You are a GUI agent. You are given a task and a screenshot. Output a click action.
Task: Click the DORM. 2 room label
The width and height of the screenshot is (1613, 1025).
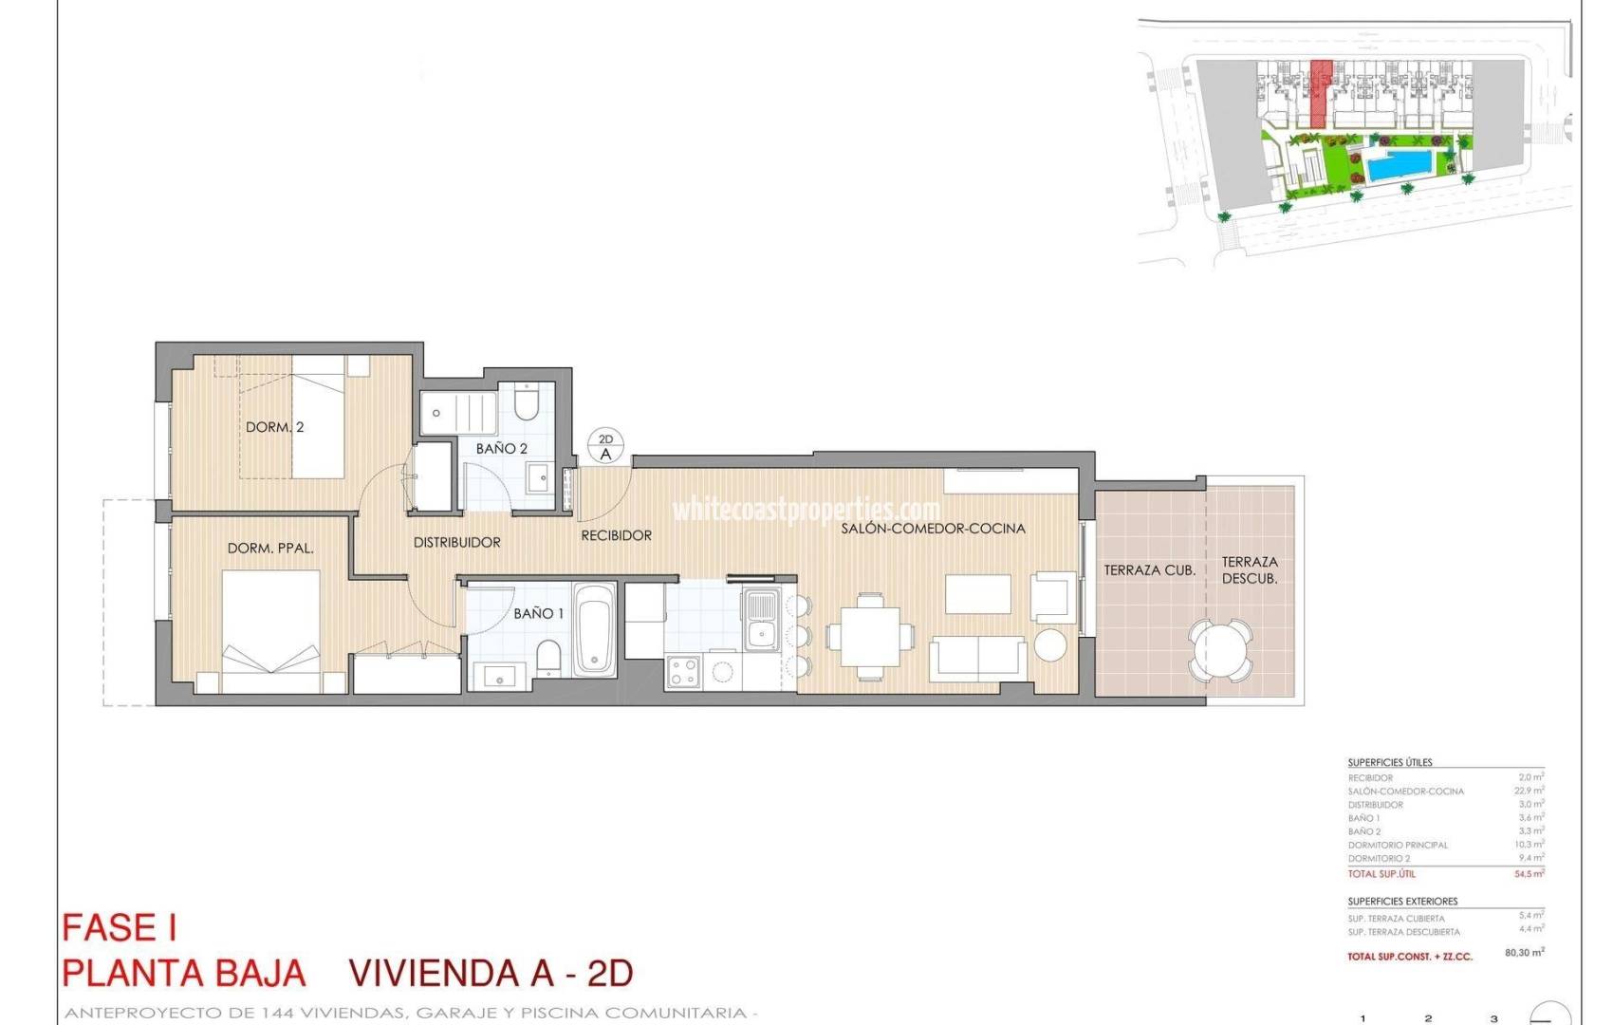pyautogui.click(x=274, y=427)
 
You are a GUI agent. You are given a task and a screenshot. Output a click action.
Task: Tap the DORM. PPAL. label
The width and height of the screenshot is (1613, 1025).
pyautogui.click(x=270, y=549)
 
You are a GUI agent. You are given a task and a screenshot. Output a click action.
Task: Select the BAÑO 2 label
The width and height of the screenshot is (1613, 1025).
pyautogui.click(x=501, y=448)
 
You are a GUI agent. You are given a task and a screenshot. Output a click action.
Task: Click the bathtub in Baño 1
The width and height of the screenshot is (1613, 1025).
pyautogui.click(x=595, y=629)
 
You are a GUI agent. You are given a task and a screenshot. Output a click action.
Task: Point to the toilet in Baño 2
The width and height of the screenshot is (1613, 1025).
pyautogui.click(x=527, y=402)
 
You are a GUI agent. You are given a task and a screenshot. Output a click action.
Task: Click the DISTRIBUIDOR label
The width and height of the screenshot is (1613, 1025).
pyautogui.click(x=456, y=542)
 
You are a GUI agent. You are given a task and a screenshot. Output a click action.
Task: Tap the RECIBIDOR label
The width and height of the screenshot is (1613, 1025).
pyautogui.click(x=616, y=535)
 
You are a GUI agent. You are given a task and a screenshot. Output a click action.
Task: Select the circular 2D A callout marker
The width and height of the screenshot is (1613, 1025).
pyautogui.click(x=605, y=446)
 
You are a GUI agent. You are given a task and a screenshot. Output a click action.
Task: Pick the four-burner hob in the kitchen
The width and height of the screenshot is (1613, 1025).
pyautogui.click(x=683, y=671)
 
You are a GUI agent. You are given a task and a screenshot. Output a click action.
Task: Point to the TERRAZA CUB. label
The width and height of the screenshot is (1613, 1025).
pyautogui.click(x=1149, y=570)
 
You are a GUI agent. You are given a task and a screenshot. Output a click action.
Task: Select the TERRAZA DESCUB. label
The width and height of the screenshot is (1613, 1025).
pyautogui.click(x=1249, y=570)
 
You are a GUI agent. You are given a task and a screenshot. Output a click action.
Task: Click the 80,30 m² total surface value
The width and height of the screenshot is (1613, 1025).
pyautogui.click(x=1524, y=952)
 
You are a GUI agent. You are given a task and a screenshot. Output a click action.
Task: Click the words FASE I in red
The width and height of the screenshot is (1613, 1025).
pyautogui.click(x=120, y=927)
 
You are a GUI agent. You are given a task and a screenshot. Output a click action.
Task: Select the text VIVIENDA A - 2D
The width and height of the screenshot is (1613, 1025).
pyautogui.click(x=491, y=973)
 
